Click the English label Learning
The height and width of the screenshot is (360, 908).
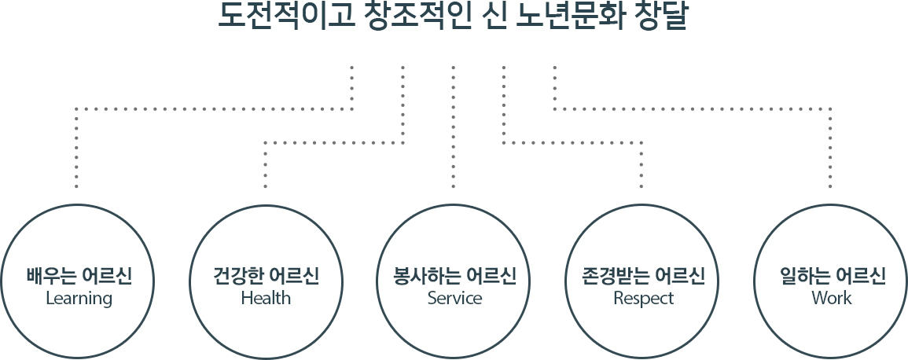point(79,299)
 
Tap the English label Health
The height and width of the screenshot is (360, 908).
point(266,298)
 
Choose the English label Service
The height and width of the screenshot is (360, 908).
point(454,298)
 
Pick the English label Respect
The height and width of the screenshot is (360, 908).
point(643,299)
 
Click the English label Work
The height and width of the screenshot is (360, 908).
point(832,298)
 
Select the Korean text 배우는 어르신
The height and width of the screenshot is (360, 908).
point(79,276)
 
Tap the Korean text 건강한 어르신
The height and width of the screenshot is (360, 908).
point(266,276)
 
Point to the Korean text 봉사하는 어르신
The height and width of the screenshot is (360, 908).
point(454,276)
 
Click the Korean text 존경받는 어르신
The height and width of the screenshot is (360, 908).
point(643,276)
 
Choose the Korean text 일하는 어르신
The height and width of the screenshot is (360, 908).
point(832,276)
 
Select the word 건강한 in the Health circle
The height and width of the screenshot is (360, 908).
point(237,276)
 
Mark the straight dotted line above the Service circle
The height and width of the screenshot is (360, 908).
point(454,127)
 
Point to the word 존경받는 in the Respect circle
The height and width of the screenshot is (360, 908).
point(615,276)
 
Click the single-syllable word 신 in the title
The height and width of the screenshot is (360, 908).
point(494,17)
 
